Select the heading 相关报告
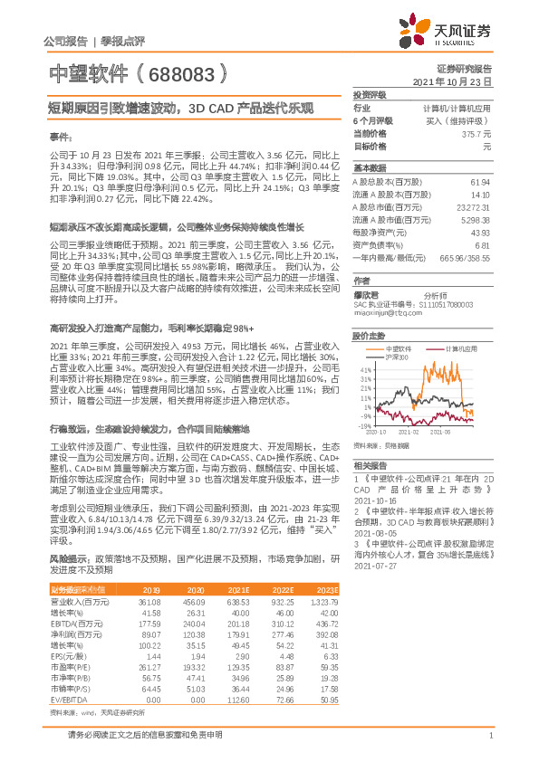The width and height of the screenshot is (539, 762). point(369,462)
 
